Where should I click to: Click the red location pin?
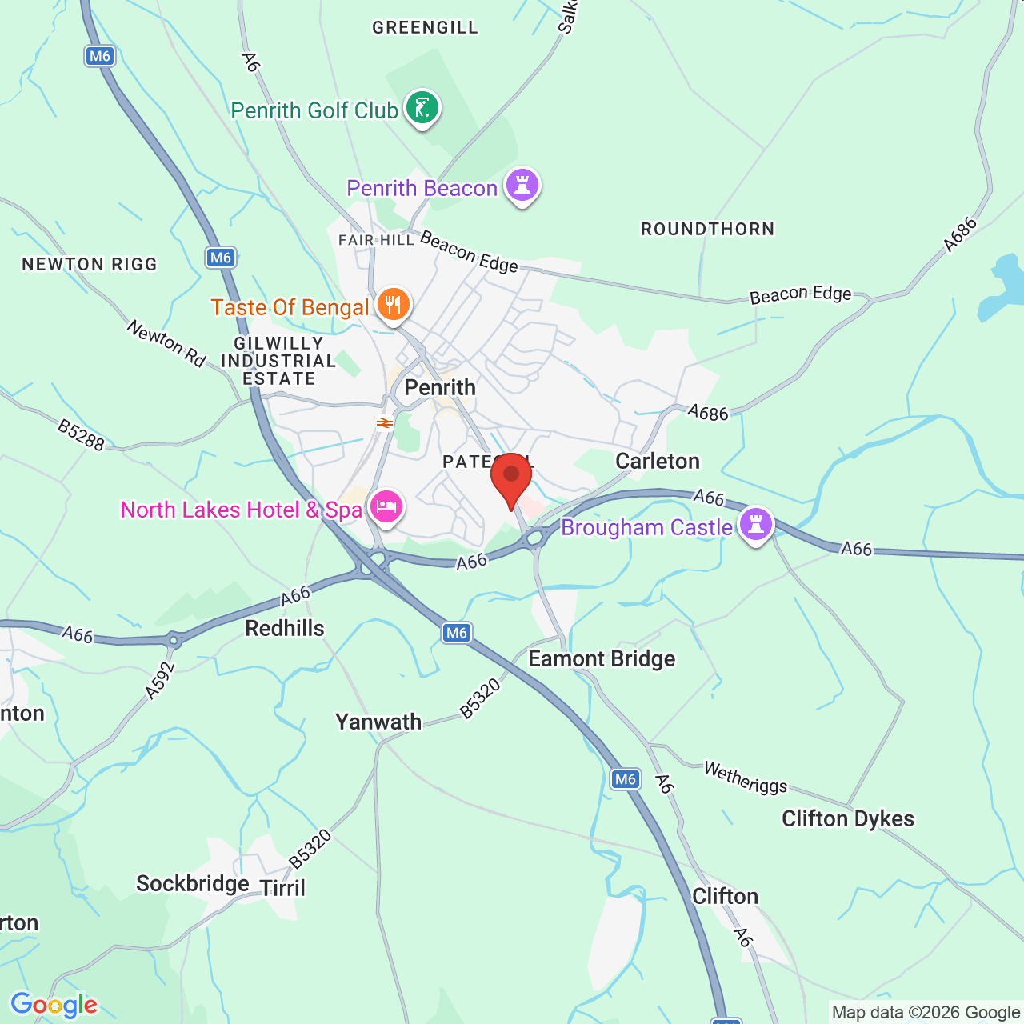511,477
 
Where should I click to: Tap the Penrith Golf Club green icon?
422,107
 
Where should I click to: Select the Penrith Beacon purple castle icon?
522,186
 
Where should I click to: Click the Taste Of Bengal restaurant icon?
393,305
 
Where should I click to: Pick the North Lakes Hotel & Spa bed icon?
386,506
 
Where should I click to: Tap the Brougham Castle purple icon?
756,525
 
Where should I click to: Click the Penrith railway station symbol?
385,422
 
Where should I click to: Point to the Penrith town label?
440,388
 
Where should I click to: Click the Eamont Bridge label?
602,658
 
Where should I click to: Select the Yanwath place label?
378,722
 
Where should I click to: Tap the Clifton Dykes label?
847,818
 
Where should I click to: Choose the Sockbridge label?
193,883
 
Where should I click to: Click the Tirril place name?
283,888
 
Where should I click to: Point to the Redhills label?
285,628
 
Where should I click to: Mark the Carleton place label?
658,461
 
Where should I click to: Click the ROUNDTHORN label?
708,229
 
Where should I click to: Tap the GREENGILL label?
426,27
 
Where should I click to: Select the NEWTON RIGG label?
90,264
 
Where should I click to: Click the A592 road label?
161,681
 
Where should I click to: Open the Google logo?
54,1005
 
